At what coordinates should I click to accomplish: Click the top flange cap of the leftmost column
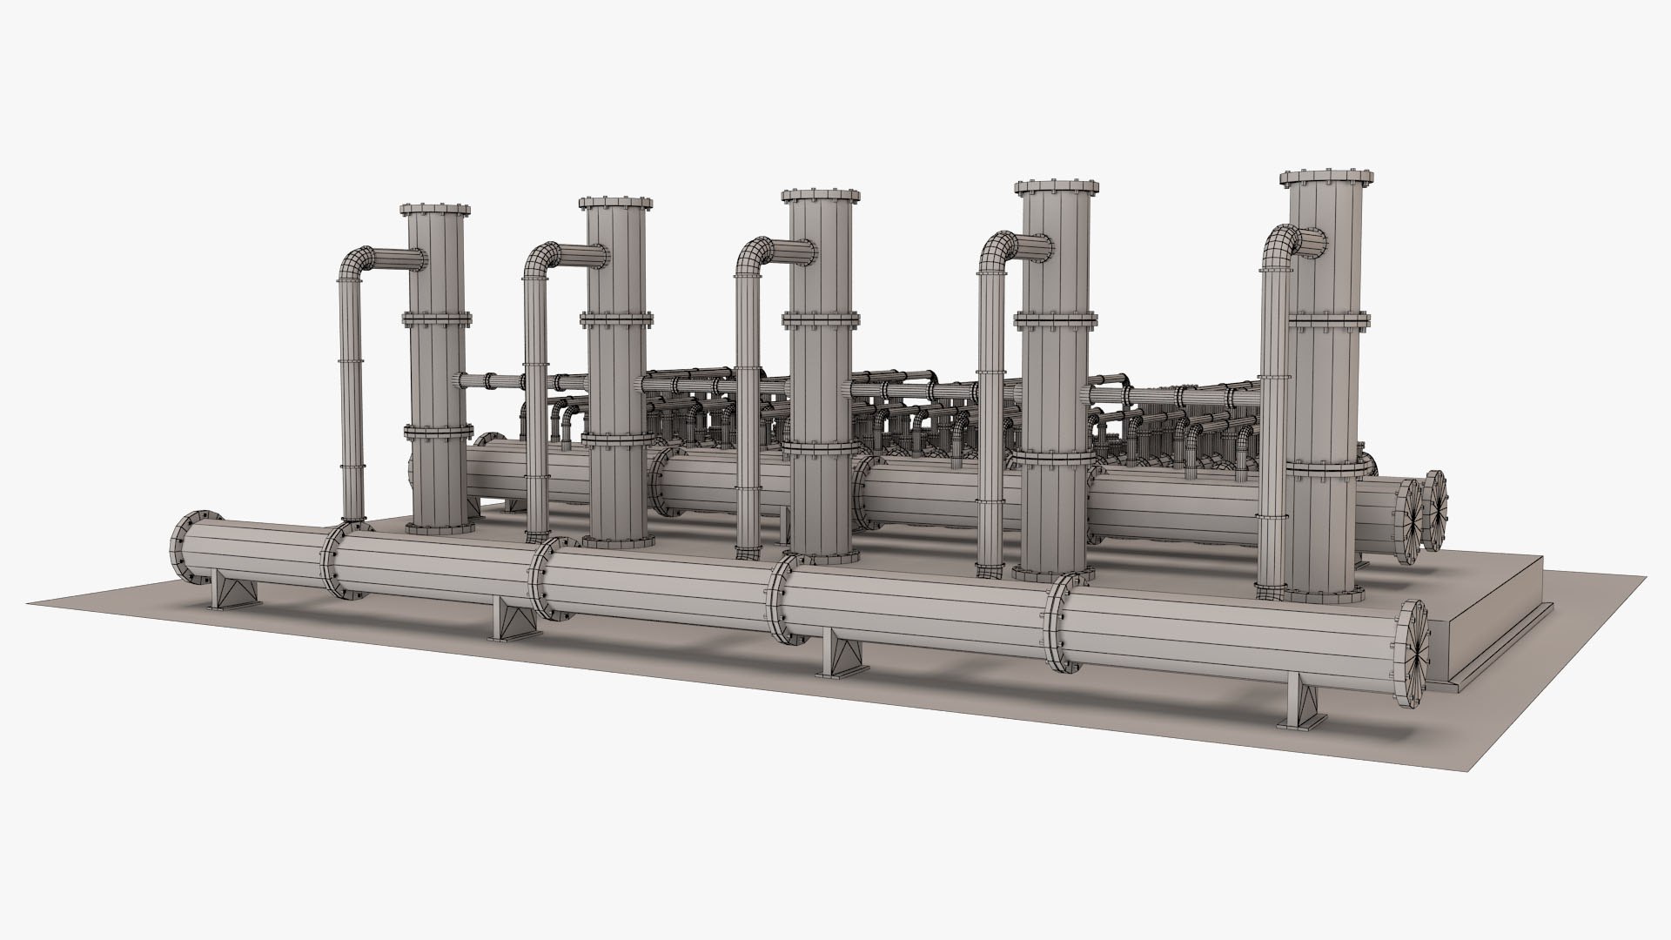[435, 211]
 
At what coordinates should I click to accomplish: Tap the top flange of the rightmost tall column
[1326, 178]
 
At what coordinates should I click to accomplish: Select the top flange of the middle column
[821, 195]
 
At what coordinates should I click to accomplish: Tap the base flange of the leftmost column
[440, 527]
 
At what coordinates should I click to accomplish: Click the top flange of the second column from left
[616, 204]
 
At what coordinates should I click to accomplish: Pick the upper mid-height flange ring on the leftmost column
[437, 317]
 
